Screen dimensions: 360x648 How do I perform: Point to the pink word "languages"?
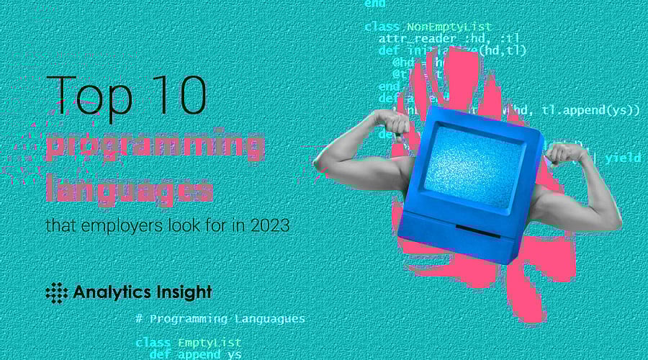tap(130, 189)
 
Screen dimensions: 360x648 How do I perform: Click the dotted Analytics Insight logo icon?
tap(56, 292)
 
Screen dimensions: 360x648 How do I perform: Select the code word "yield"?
tap(622, 158)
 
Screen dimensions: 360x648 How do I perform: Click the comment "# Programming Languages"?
tap(220, 318)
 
